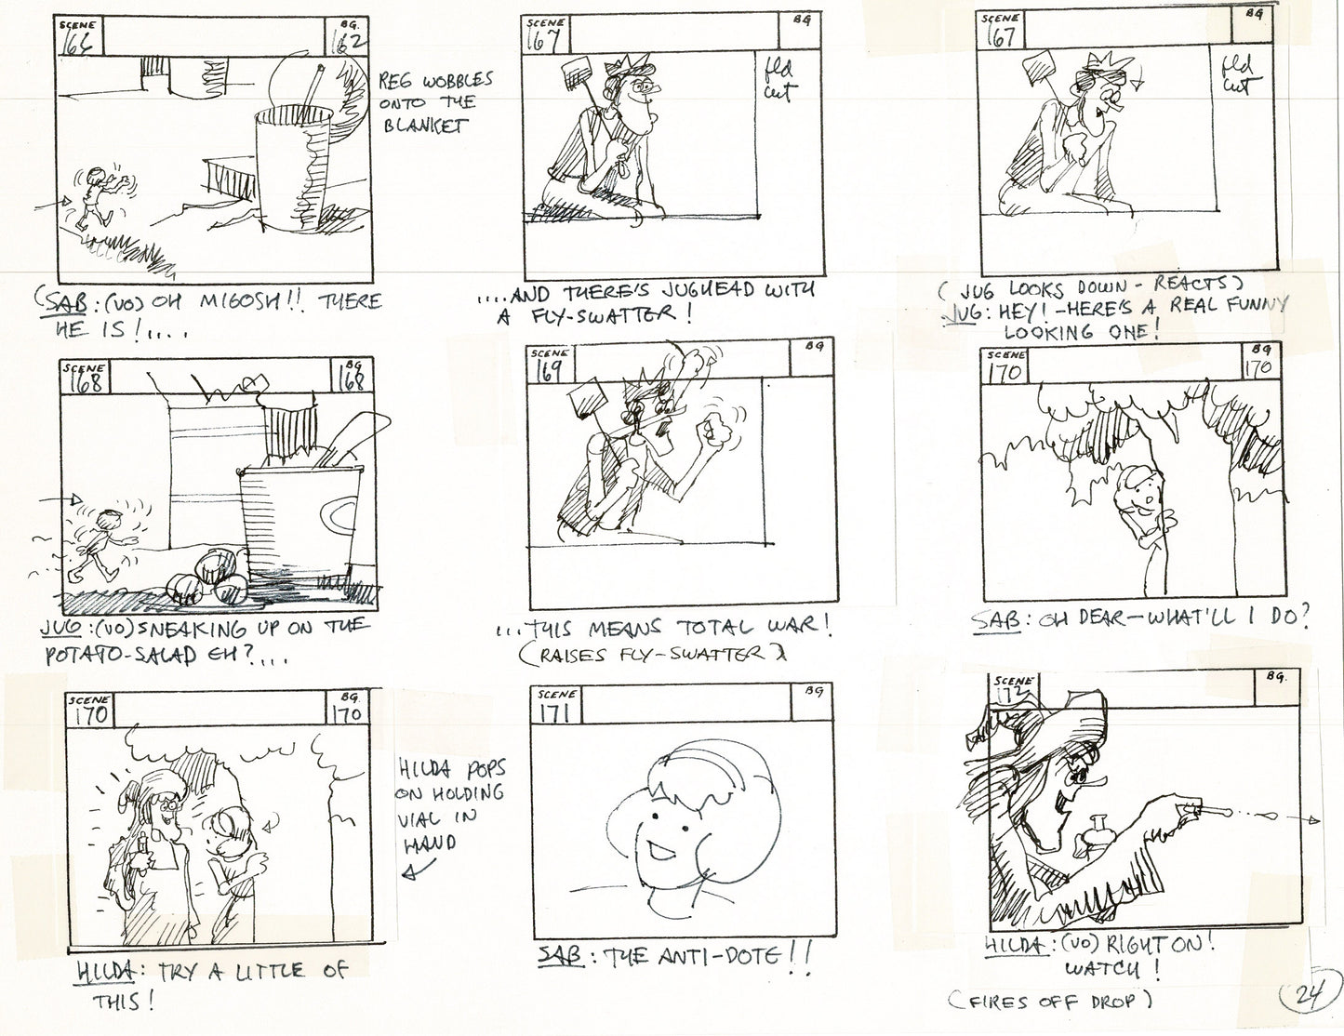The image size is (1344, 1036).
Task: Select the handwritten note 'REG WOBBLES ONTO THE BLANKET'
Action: [434, 102]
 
